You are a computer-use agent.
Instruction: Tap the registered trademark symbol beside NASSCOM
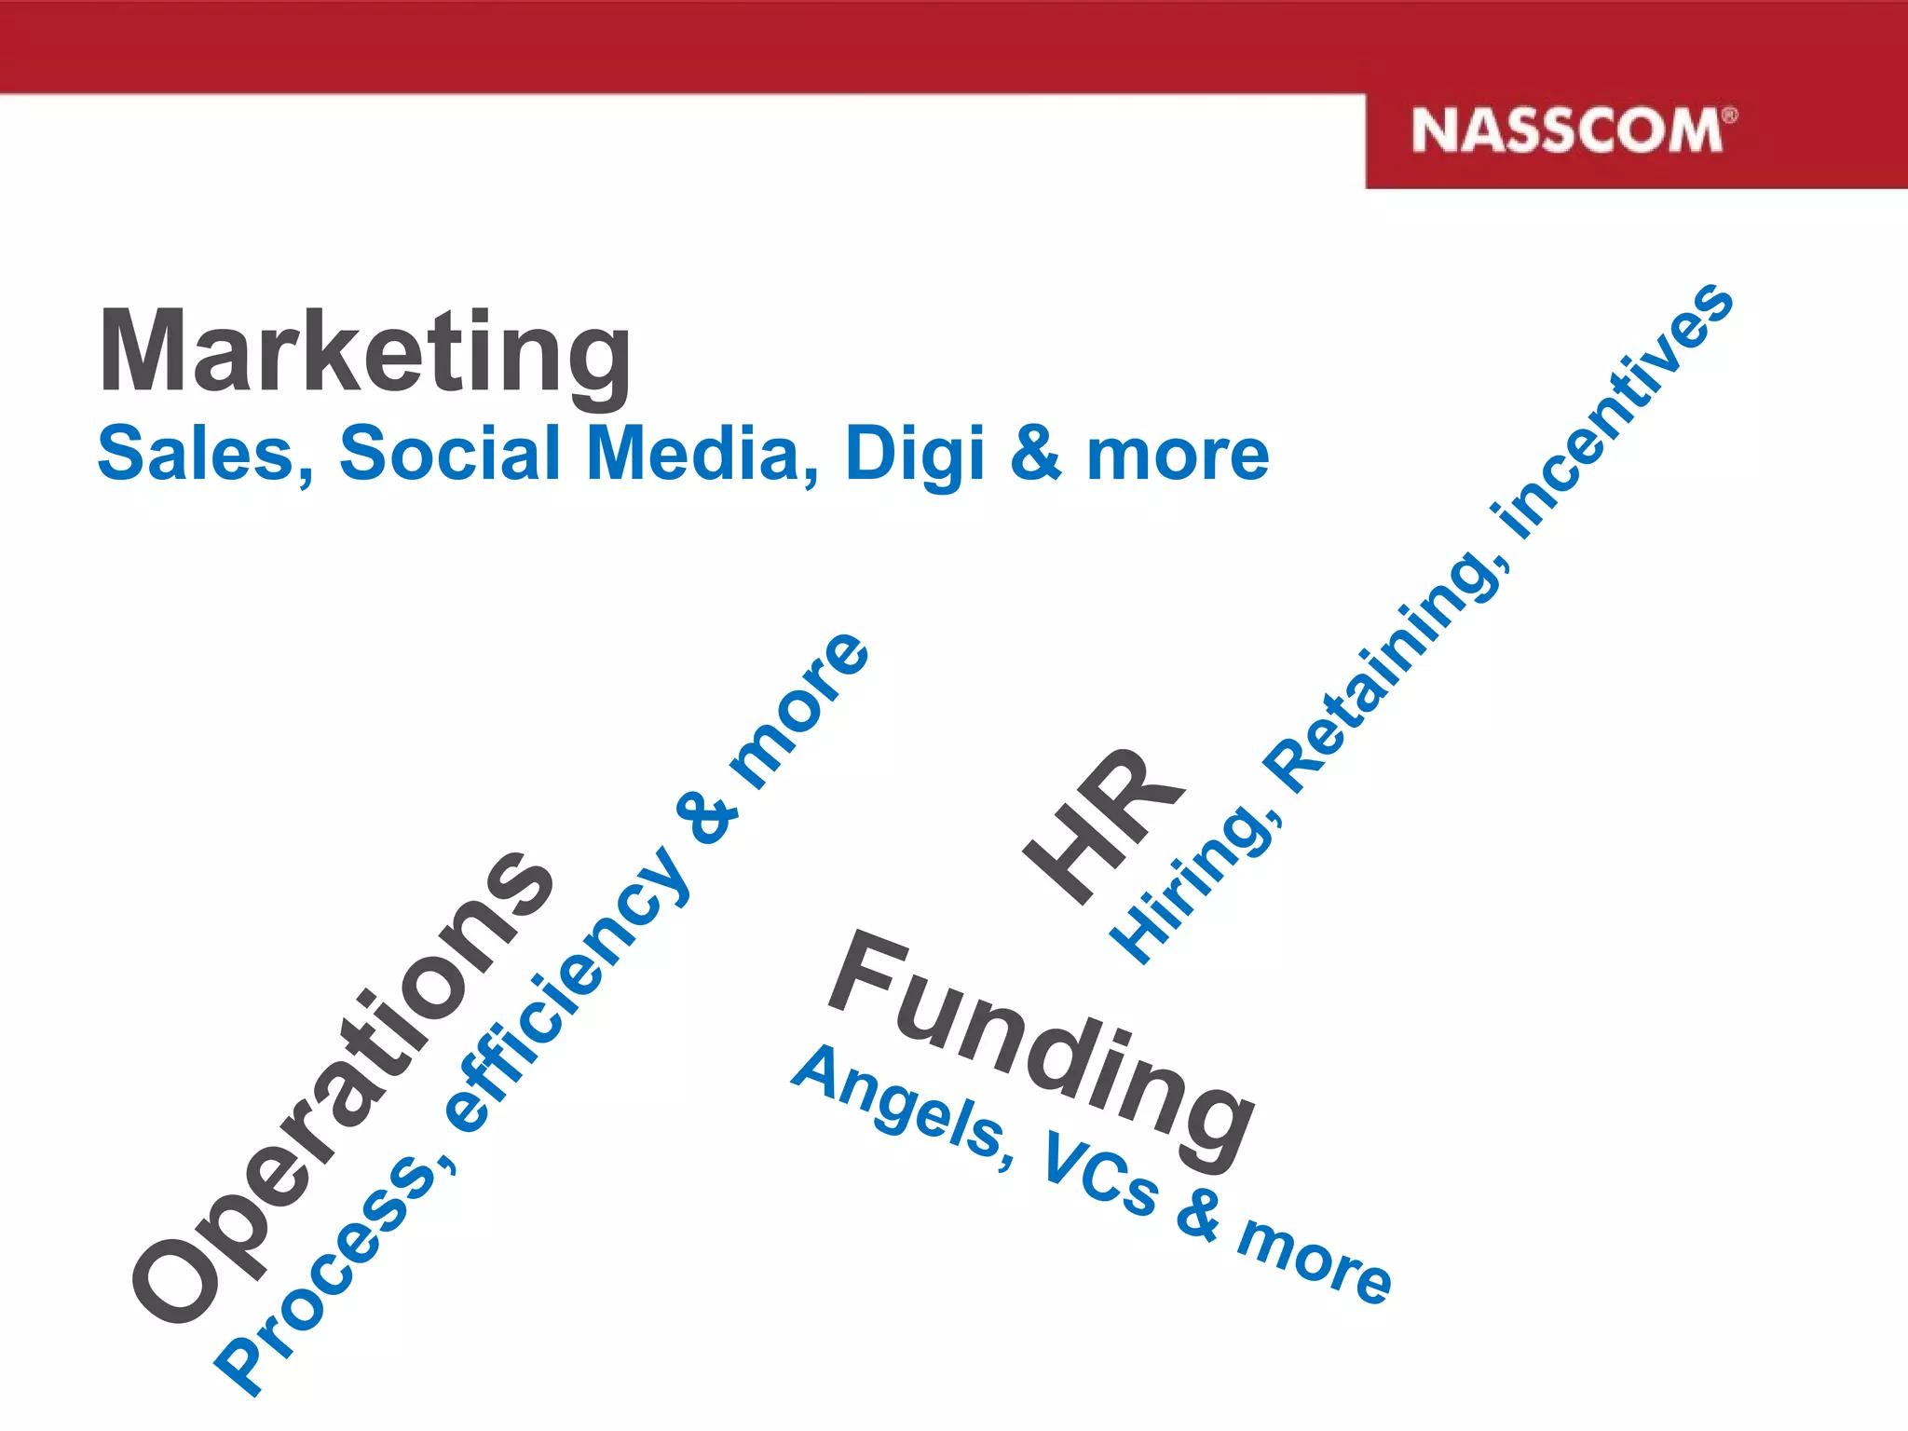click(x=1729, y=116)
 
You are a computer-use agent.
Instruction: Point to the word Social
click(x=449, y=454)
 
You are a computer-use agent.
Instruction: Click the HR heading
click(x=1104, y=825)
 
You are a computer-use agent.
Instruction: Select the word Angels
click(x=899, y=1109)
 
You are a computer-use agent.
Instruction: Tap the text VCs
click(x=1102, y=1174)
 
